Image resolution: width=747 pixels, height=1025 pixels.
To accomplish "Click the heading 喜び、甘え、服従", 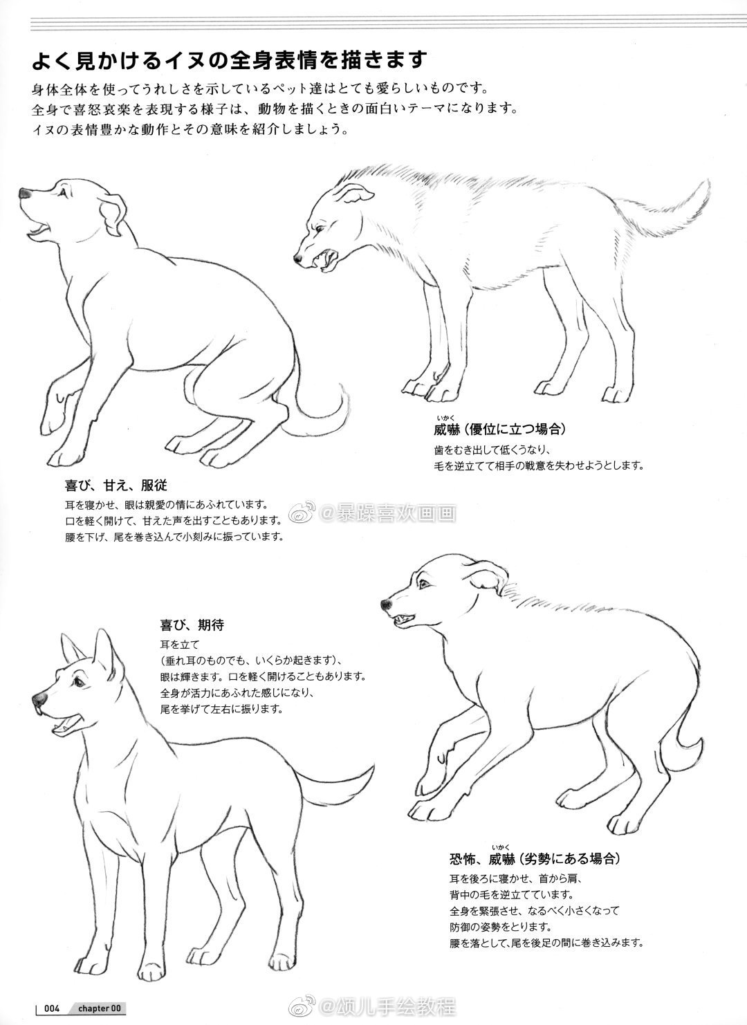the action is tap(116, 485).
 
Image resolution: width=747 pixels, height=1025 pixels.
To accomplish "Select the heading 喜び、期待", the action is tap(192, 625).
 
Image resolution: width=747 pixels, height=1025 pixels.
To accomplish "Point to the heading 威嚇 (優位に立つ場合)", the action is tap(499, 429).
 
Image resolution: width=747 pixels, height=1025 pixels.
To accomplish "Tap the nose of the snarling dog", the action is tap(298, 259).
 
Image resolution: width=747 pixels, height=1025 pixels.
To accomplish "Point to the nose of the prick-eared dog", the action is tap(40, 699).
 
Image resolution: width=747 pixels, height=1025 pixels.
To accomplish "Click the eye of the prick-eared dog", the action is tap(78, 683).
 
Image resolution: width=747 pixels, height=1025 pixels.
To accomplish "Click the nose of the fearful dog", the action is tap(387, 605).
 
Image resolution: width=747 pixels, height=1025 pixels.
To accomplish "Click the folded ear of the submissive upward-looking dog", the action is tap(113, 216).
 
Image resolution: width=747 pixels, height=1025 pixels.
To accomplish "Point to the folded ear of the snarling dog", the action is tap(355, 194).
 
